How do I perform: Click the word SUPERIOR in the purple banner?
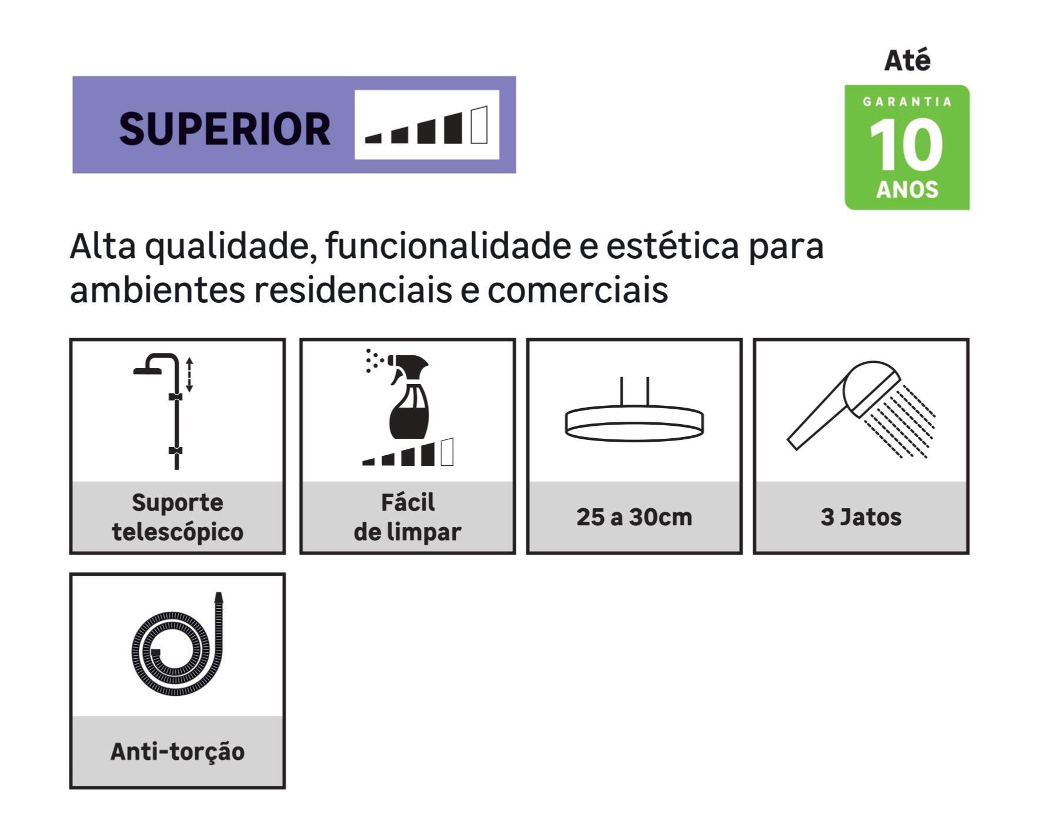225,129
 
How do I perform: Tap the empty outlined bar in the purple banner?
479,125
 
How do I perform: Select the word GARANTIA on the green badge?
907,102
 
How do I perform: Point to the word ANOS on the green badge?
907,189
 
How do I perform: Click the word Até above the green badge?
907,61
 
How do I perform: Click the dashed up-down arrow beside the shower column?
189,375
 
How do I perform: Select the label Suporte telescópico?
178,517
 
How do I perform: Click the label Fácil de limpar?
408,517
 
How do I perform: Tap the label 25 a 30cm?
634,517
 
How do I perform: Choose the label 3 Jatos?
861,517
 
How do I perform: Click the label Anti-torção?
178,751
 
